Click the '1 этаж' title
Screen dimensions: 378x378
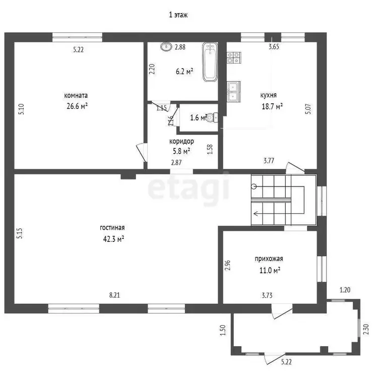(x=178, y=15)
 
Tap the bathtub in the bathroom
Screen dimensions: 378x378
(x=210, y=62)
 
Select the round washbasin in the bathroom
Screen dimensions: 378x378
(x=166, y=46)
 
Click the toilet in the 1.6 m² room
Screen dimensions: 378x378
(x=212, y=117)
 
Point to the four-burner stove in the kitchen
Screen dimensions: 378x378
(x=233, y=57)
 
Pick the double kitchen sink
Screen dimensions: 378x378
(x=233, y=91)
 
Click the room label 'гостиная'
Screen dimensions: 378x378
(x=112, y=228)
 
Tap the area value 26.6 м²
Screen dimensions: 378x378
(x=77, y=106)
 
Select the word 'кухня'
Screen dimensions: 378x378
(x=268, y=95)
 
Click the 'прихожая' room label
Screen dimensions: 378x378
(x=269, y=259)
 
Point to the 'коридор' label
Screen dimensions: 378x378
(x=181, y=141)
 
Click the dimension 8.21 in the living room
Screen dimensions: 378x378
(x=114, y=295)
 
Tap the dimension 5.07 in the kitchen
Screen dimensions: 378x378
(x=308, y=109)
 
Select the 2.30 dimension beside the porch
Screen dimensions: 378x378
(x=366, y=329)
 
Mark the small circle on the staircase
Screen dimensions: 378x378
(x=254, y=186)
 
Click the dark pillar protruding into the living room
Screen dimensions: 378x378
(x=128, y=176)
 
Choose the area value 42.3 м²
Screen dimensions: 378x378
(x=113, y=239)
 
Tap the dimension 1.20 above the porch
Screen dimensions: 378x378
(x=345, y=290)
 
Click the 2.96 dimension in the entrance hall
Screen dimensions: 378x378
(x=228, y=265)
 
